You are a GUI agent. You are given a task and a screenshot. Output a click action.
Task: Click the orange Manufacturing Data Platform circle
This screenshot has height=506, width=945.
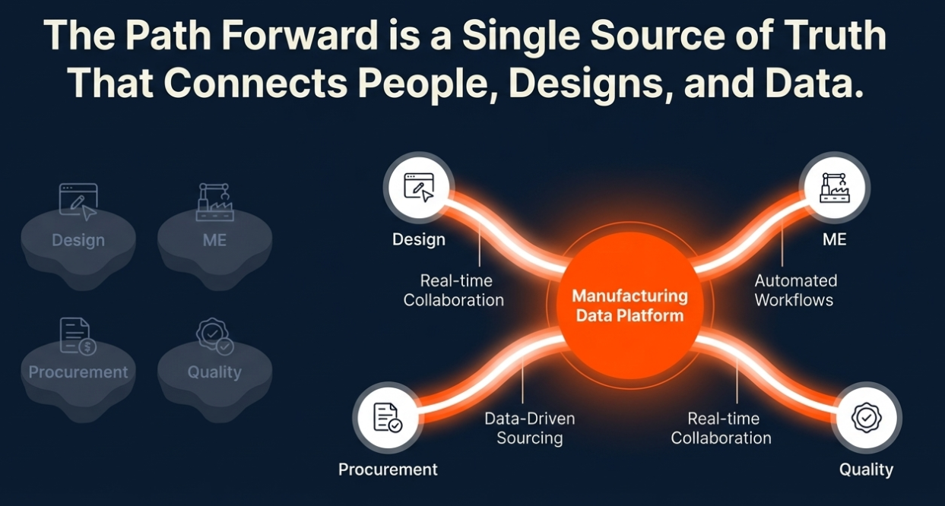click(x=629, y=305)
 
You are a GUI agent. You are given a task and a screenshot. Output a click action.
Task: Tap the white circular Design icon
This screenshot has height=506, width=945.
click(x=419, y=188)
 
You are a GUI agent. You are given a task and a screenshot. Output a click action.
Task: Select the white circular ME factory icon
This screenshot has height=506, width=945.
click(x=835, y=188)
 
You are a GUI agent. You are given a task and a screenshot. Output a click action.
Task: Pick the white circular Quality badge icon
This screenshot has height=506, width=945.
click(x=866, y=418)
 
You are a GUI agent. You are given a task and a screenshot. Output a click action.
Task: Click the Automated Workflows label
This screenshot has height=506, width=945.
click(x=794, y=290)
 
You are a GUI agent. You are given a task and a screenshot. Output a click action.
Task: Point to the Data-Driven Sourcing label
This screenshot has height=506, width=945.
click(x=530, y=428)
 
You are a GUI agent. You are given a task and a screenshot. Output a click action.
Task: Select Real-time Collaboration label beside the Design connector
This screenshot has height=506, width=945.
click(x=454, y=290)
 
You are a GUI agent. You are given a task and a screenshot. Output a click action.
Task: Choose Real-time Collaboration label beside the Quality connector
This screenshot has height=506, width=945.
click(x=721, y=428)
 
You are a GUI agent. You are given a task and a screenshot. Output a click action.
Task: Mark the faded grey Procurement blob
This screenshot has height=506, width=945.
click(x=78, y=373)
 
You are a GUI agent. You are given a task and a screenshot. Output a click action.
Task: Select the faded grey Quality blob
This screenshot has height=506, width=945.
click(x=214, y=373)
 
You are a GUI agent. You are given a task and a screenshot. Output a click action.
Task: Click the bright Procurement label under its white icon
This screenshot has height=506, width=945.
click(x=388, y=470)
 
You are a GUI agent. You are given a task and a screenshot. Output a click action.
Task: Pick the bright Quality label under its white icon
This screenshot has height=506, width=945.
click(x=866, y=470)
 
